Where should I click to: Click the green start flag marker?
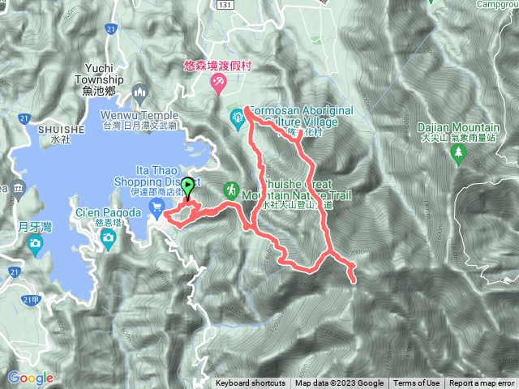click(x=188, y=186)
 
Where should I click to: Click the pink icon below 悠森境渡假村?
click(x=218, y=84)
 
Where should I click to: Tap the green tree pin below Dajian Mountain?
click(x=460, y=153)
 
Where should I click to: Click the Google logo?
click(x=30, y=378)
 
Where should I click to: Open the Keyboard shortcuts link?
click(x=251, y=383)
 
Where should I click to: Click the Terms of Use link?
click(x=417, y=383)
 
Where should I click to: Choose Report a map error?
click(x=483, y=383)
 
